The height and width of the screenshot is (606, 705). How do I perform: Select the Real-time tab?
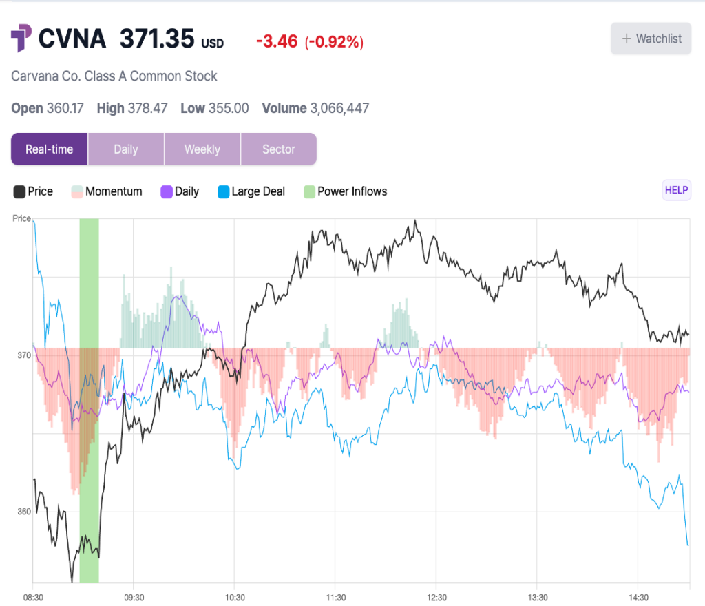click(49, 149)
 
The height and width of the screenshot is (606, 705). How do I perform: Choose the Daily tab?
click(126, 149)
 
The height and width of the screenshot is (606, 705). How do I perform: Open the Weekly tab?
click(202, 149)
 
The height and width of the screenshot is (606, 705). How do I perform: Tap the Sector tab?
click(278, 149)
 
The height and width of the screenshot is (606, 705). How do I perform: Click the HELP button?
click(676, 191)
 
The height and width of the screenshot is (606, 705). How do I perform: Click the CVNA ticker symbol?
click(72, 39)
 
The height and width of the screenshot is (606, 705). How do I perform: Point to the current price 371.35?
click(157, 39)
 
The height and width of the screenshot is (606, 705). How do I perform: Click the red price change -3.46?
click(277, 42)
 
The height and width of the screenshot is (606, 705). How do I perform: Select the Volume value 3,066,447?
click(339, 108)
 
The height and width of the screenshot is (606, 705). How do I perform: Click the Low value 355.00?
click(229, 108)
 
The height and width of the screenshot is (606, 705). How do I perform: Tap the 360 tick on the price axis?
click(23, 512)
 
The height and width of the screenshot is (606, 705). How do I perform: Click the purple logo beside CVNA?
click(21, 38)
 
